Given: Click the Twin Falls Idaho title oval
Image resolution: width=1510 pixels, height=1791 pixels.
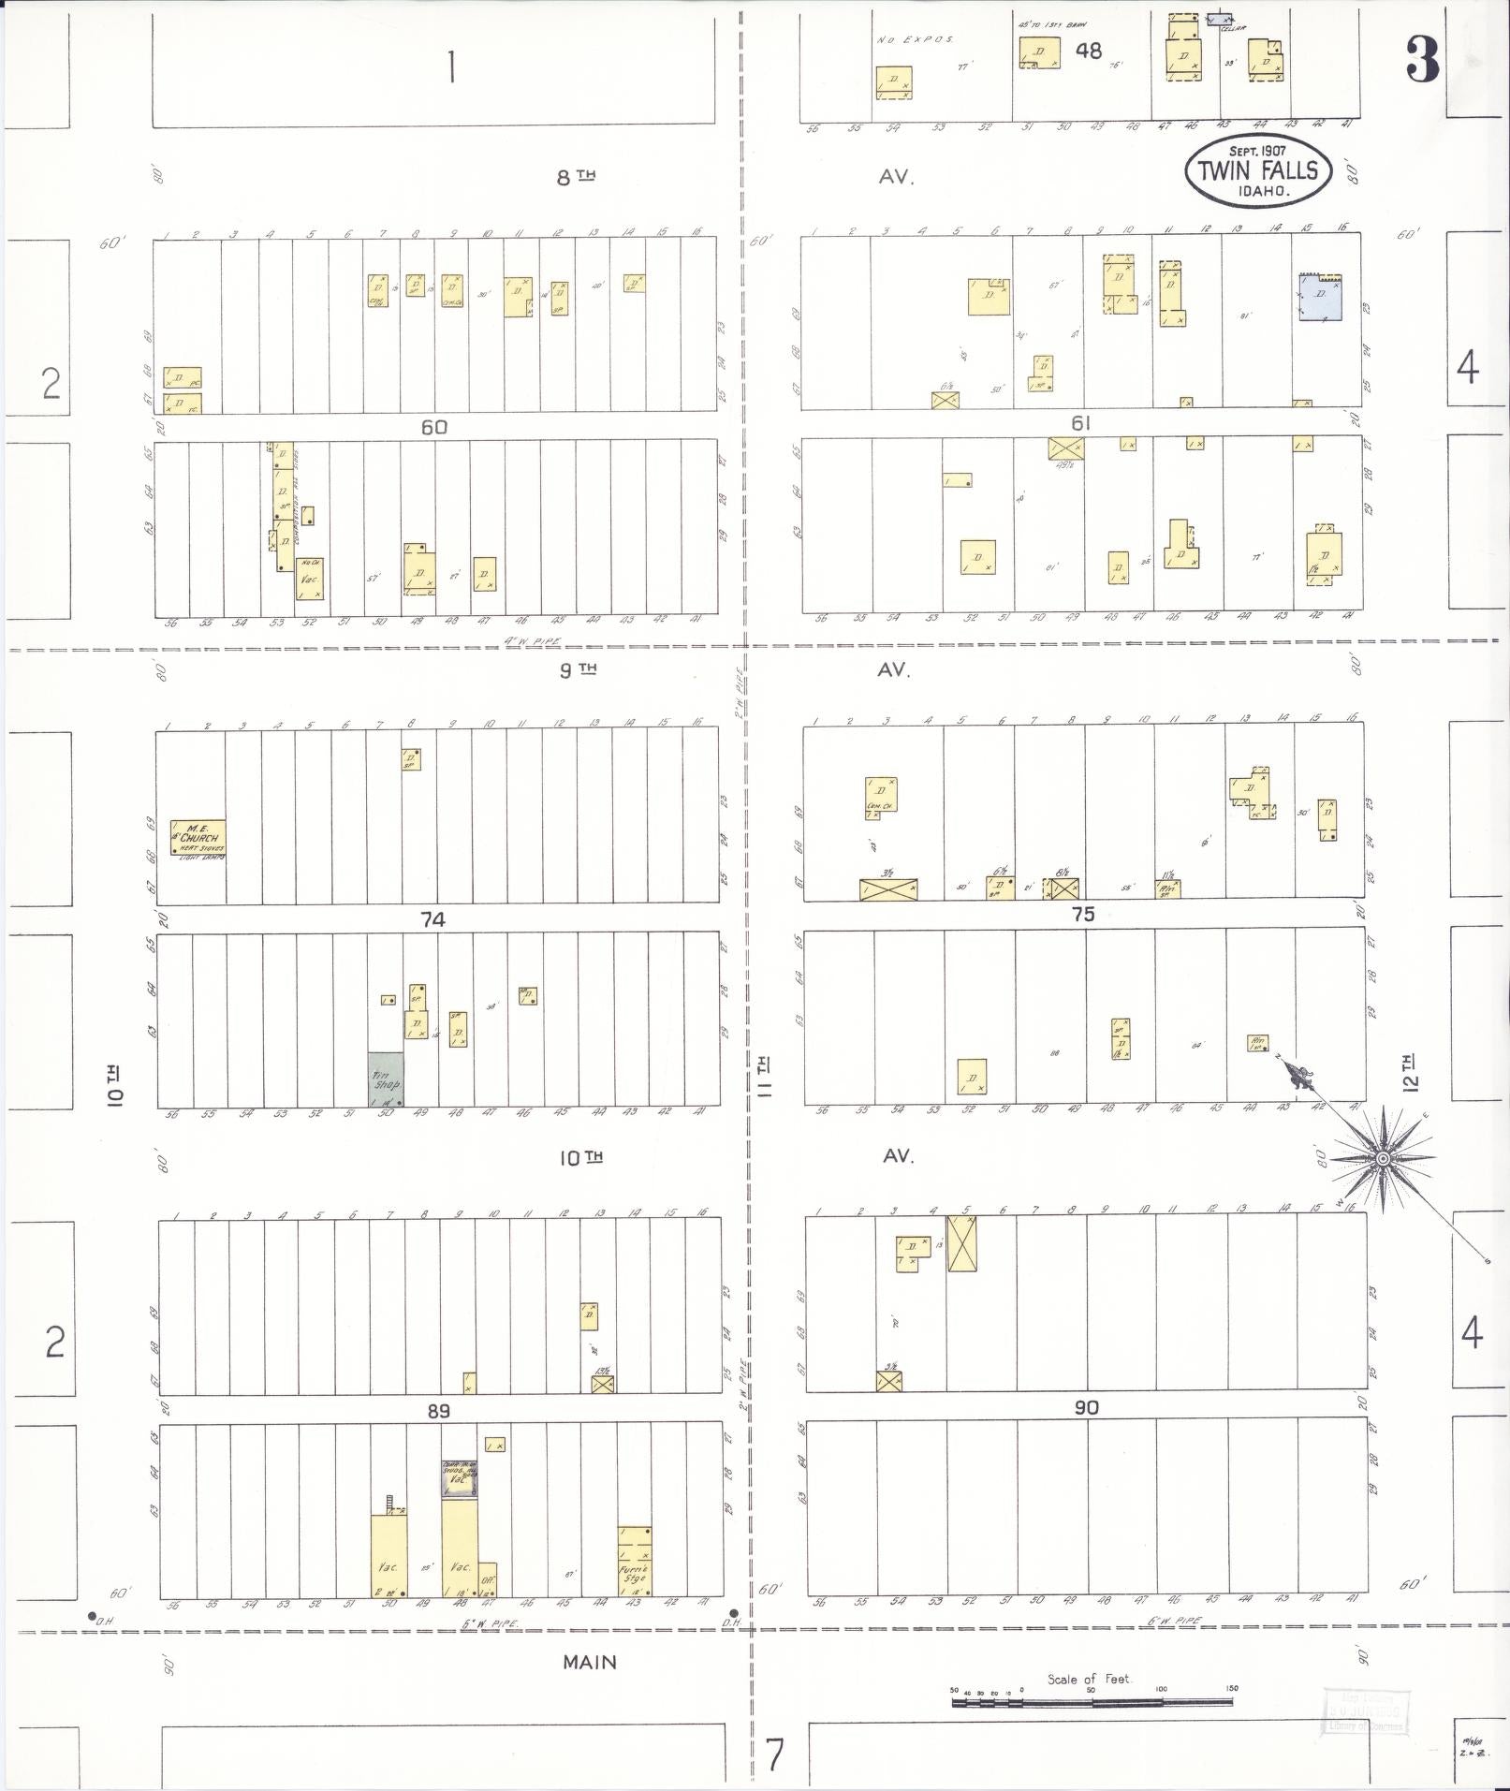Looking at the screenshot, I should (1257, 170).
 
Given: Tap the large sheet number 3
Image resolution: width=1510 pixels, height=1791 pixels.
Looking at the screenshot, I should (1421, 60).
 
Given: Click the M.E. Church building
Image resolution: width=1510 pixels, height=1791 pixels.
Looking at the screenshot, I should (198, 838).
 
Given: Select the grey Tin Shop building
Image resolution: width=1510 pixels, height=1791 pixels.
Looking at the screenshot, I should (386, 1079).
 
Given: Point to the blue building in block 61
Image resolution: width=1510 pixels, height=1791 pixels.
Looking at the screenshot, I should (1320, 297).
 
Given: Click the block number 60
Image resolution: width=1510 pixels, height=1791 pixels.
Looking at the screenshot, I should (433, 427).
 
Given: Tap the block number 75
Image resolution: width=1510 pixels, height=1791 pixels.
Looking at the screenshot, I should (1082, 914).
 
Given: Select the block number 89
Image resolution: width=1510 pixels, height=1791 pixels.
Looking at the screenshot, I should (438, 1410).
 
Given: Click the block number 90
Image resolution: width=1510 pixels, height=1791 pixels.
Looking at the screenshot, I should (1085, 1407).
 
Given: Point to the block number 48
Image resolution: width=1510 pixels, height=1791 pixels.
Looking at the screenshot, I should (1088, 51).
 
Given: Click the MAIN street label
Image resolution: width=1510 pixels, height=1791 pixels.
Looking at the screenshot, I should (589, 1662).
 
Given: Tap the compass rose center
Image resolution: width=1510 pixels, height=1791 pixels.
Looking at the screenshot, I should (1383, 1159).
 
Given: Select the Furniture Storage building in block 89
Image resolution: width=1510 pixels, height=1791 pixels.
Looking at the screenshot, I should (635, 1561).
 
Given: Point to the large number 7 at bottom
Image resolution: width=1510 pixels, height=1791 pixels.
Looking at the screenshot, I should (773, 1755).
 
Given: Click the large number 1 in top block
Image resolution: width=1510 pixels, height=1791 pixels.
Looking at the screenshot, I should (451, 67).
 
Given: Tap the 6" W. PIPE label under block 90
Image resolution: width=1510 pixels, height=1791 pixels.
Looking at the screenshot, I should (1175, 1621).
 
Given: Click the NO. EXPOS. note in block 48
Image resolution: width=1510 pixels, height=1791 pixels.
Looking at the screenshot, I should (915, 40).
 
